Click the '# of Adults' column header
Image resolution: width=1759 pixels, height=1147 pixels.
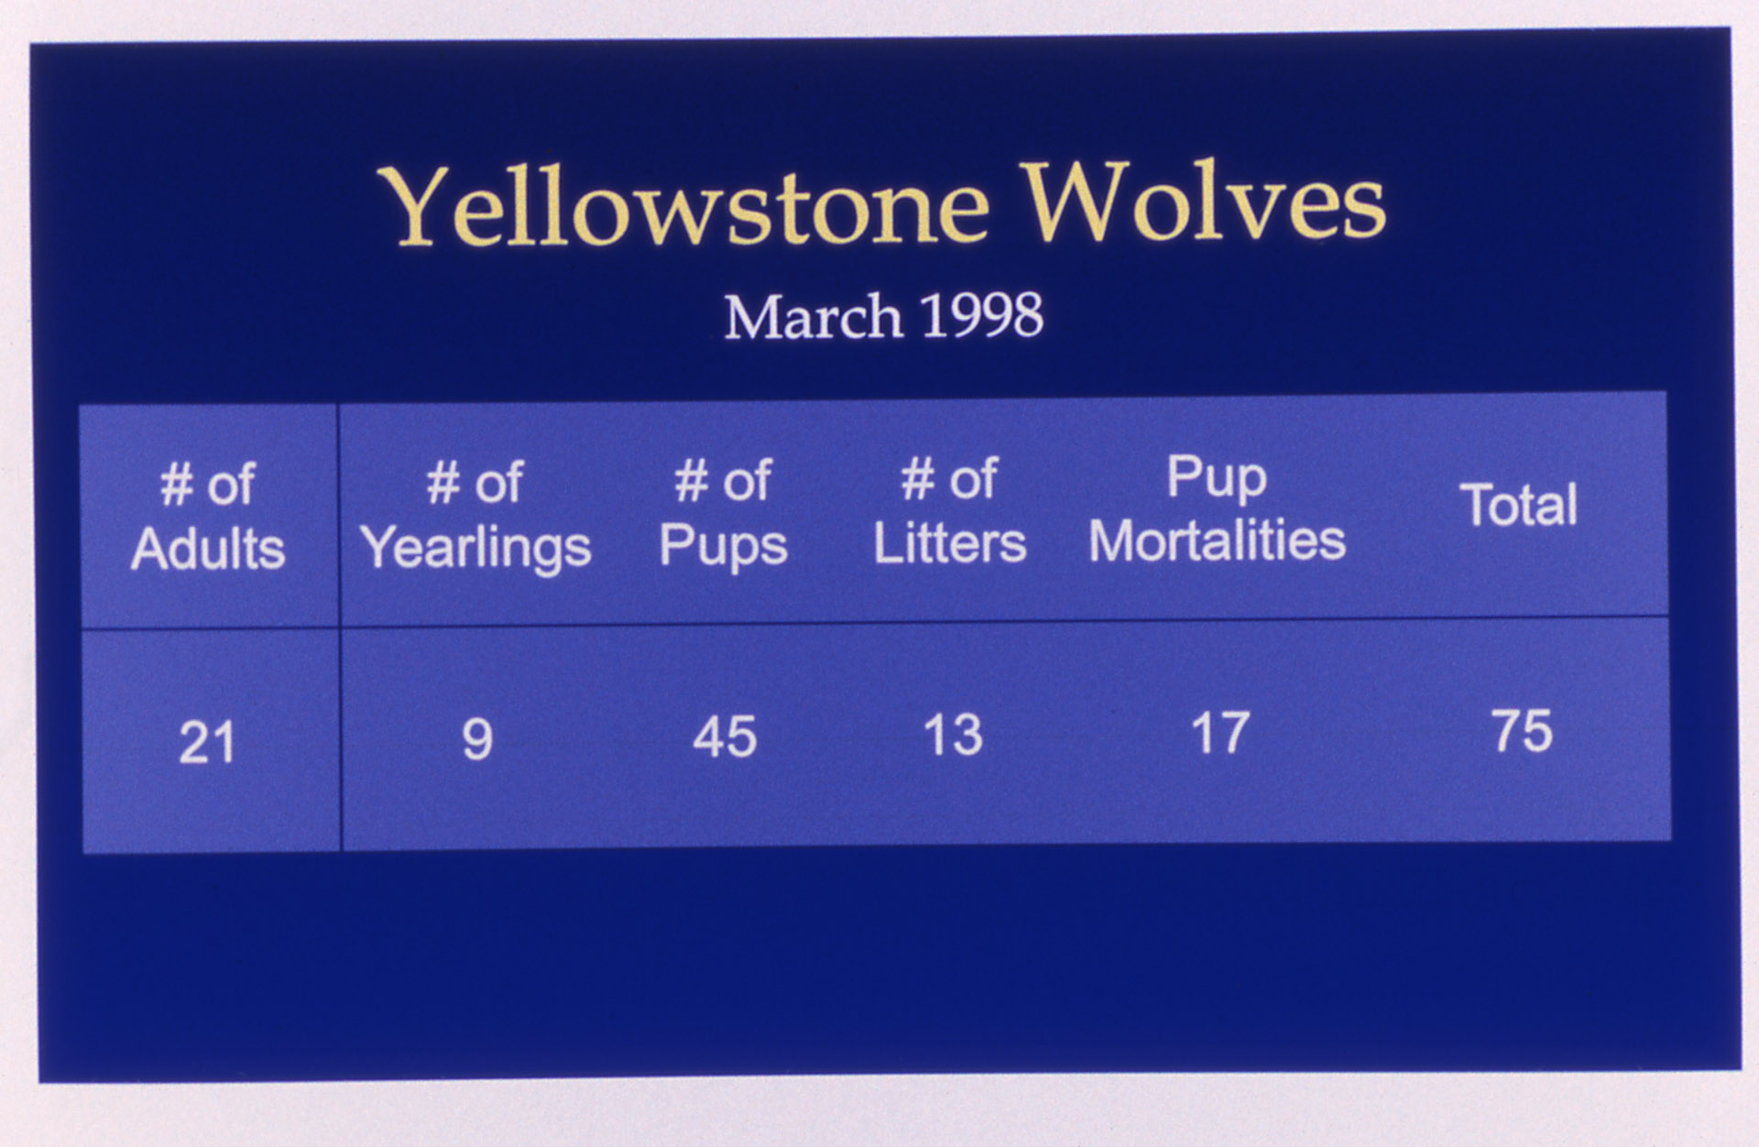[208, 517]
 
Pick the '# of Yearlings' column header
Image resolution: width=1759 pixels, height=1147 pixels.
[475, 515]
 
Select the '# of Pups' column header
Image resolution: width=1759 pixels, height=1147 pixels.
[723, 513]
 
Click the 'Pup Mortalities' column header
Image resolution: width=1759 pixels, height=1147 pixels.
[1217, 508]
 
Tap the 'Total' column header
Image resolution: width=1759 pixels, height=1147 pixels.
[1518, 505]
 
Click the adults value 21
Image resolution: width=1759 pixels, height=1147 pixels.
[207, 742]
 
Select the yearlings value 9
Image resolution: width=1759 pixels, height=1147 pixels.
[477, 739]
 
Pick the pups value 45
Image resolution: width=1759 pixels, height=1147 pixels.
[725, 737]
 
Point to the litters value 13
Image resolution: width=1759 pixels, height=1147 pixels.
[953, 735]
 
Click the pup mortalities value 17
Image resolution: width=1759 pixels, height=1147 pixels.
[1220, 733]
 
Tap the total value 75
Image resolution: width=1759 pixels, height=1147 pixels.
[1522, 731]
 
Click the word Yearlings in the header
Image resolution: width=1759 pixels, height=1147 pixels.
[475, 548]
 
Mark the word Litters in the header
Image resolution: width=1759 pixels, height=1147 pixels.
[950, 543]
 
